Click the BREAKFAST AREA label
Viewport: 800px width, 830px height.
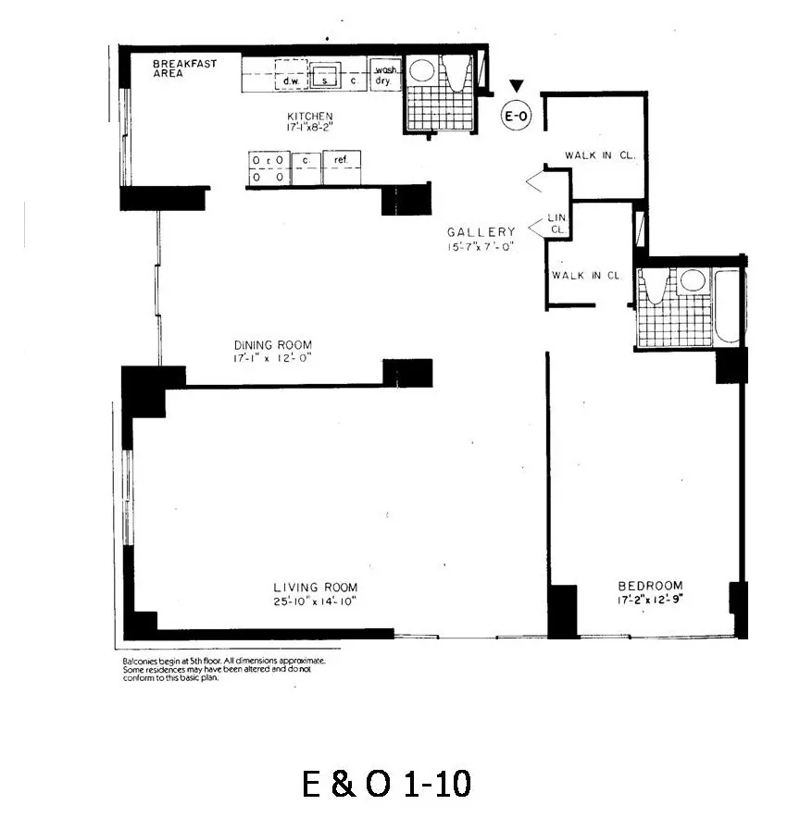[185, 68]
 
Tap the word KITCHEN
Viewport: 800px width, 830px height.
[309, 117]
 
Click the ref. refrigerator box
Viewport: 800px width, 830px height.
[341, 161]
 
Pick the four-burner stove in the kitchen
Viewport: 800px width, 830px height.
[267, 167]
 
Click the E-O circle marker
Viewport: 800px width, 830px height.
[516, 116]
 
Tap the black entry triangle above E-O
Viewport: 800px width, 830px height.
[517, 87]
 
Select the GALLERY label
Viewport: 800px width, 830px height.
[481, 232]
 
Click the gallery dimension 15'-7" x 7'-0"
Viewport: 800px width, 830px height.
[481, 247]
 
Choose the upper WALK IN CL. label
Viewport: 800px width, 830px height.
[600, 156]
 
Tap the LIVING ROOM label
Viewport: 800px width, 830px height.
[315, 588]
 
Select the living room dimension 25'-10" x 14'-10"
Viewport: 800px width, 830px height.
[315, 601]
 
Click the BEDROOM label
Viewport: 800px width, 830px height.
[650, 586]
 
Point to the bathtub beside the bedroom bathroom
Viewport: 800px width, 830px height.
[729, 307]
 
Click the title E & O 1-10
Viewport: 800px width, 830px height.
[387, 785]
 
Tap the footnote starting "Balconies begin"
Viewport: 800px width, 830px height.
[224, 669]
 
